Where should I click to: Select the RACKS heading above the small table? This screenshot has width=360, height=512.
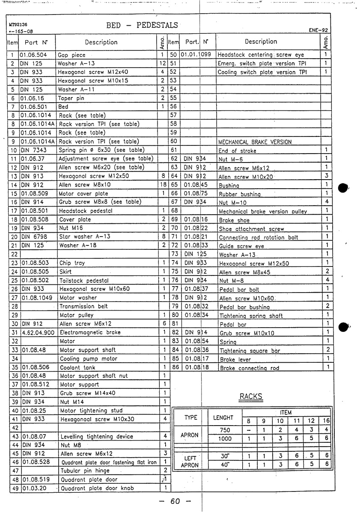(250, 397)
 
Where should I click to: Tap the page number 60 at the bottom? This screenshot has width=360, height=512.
(175, 501)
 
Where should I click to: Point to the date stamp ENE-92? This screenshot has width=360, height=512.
(318, 30)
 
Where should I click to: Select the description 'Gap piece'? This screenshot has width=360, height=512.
(71, 55)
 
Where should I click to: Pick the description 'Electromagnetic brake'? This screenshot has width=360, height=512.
(90, 332)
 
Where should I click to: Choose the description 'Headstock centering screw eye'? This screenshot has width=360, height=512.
(261, 55)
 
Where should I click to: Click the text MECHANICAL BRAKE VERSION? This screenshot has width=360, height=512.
(255, 142)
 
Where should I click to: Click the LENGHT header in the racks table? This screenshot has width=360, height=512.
(223, 417)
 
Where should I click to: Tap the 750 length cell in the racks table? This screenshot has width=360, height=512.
(225, 430)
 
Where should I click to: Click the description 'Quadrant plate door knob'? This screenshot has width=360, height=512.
(97, 488)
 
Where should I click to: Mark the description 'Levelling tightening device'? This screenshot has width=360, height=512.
(97, 437)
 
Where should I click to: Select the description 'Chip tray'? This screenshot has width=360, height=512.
(72, 263)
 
